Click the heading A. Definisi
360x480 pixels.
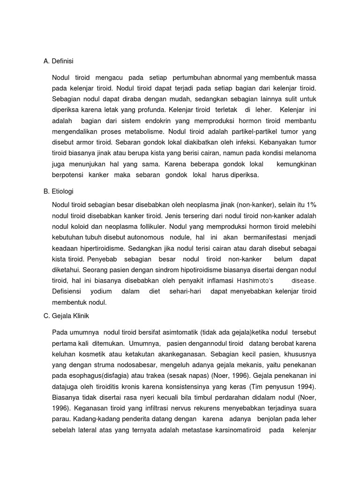(x=59, y=61)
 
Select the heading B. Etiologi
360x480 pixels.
(x=59, y=191)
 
